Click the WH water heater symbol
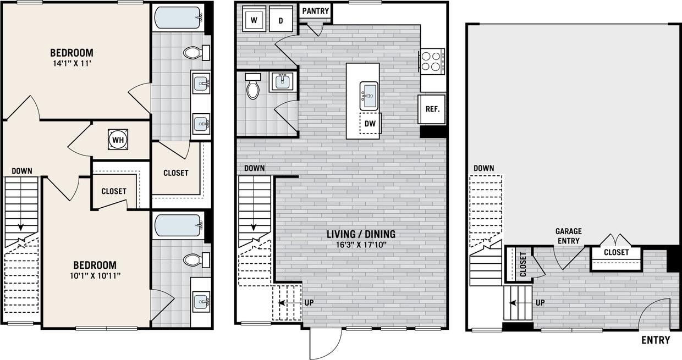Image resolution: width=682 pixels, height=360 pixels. (x=118, y=140)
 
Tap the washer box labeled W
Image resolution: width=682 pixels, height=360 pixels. (x=254, y=21)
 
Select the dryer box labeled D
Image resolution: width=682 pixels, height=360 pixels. (x=280, y=21)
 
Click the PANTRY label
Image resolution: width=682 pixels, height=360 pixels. (x=316, y=11)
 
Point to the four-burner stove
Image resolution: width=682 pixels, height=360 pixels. (x=432, y=61)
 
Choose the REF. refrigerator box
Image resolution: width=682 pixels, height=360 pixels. (x=432, y=109)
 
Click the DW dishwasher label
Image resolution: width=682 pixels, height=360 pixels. (x=370, y=124)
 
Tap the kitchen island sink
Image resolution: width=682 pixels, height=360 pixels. (x=369, y=96)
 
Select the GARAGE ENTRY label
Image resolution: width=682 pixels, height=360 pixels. (x=568, y=236)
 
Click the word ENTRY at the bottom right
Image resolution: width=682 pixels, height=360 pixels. (x=656, y=340)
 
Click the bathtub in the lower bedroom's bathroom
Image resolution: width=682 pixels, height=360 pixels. (x=177, y=225)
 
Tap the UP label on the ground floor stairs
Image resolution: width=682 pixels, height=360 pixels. (x=540, y=303)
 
